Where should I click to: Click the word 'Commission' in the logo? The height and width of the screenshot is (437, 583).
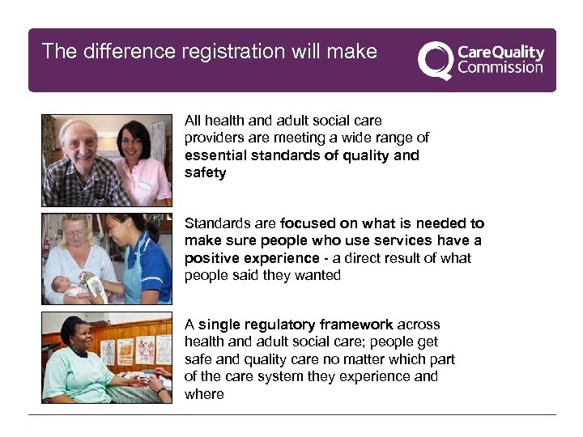[500, 67]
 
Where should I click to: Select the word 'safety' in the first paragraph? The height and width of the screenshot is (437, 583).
[205, 172]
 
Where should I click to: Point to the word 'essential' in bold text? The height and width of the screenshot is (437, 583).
[212, 155]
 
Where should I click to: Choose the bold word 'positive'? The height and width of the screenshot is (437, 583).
[209, 258]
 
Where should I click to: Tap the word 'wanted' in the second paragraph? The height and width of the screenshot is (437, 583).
[319, 275]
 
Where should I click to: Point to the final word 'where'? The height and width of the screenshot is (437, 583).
[204, 394]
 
